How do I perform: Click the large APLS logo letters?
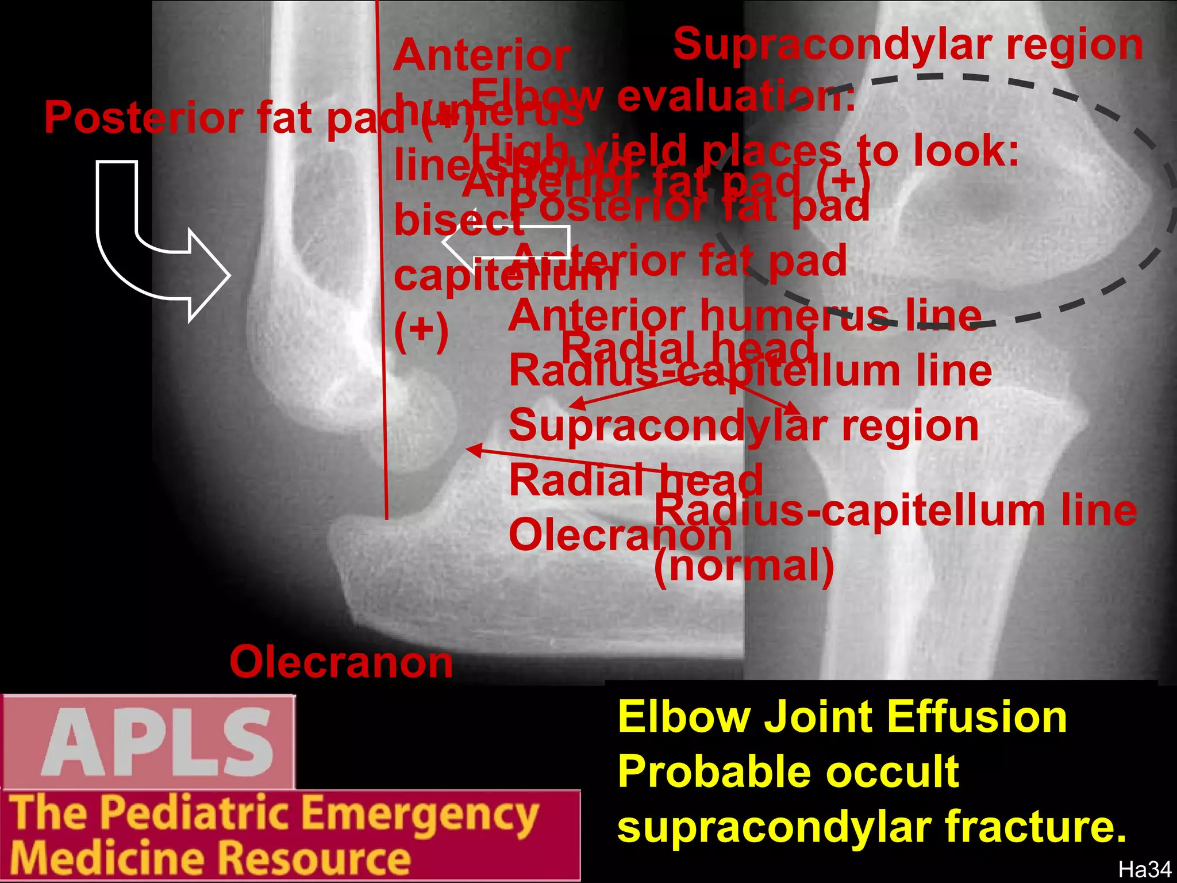(156, 742)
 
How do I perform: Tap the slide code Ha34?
(1144, 870)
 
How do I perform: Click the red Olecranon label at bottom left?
(341, 662)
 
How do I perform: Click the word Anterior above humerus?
(482, 56)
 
